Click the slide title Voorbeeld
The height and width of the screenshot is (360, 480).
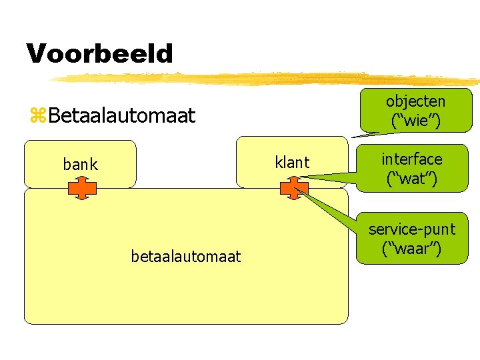(x=99, y=53)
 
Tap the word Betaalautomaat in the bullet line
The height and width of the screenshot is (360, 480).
(x=121, y=116)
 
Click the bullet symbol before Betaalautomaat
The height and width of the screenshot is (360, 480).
(x=37, y=116)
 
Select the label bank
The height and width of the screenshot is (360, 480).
(x=80, y=164)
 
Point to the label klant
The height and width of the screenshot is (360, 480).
(x=292, y=162)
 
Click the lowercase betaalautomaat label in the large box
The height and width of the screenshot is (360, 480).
(x=186, y=256)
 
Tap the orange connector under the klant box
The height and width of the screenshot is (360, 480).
(x=294, y=189)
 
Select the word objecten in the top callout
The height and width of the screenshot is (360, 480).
(x=415, y=102)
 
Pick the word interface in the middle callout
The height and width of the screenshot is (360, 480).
(x=411, y=159)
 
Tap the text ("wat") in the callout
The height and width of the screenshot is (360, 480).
(x=411, y=178)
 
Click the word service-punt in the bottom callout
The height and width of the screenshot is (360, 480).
(x=411, y=229)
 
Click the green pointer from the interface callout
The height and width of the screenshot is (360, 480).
(x=333, y=177)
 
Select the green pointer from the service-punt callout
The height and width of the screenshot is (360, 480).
(x=333, y=212)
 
